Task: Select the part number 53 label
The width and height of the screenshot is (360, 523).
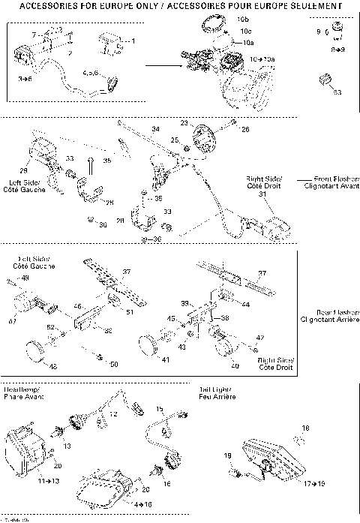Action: click(x=337, y=92)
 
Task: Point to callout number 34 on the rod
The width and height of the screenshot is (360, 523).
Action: click(x=155, y=129)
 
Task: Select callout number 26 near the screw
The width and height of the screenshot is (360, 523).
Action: click(x=244, y=129)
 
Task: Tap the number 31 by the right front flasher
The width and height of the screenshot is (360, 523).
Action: click(x=262, y=194)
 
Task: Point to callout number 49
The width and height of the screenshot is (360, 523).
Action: click(x=25, y=278)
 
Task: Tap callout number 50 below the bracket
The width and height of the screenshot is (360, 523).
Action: click(x=113, y=364)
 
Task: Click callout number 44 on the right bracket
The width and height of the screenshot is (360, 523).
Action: click(x=246, y=304)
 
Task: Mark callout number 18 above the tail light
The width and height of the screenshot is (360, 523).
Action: click(x=304, y=428)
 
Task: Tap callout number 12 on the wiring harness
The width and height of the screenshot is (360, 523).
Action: click(x=113, y=413)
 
